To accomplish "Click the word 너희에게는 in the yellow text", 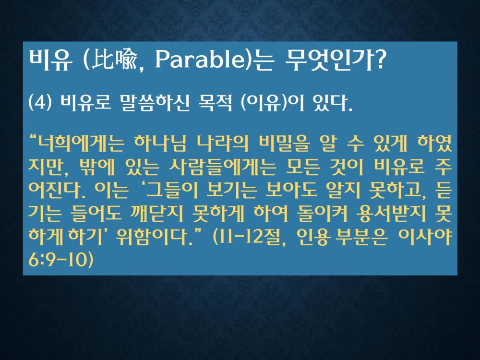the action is coord(80,144).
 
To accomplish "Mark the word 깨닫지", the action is coord(157,214).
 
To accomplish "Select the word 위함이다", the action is coord(156,238).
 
